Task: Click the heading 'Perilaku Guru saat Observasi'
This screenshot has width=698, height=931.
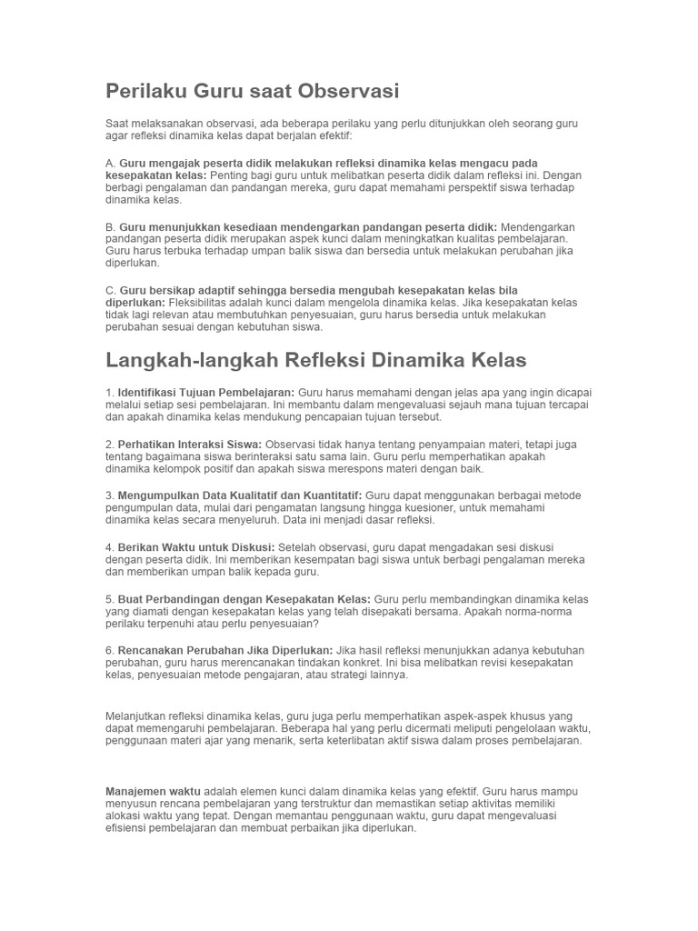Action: click(253, 91)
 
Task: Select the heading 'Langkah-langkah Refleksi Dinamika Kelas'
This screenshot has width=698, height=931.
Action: click(316, 359)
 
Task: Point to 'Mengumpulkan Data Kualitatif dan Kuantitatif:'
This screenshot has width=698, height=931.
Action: click(240, 496)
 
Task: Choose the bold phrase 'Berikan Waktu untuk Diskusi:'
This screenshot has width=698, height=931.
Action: click(195, 547)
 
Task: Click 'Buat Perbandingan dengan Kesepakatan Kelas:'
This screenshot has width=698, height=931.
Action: click(244, 599)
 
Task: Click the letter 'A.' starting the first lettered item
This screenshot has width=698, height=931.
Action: click(111, 163)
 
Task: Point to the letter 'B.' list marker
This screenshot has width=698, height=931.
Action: click(111, 226)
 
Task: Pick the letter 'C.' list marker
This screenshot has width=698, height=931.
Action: click(111, 290)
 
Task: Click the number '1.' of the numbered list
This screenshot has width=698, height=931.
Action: click(110, 392)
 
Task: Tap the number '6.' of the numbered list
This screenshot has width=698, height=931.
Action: click(110, 651)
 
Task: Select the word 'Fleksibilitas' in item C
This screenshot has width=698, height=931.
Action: click(199, 302)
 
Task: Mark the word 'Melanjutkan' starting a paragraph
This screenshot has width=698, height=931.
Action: click(138, 716)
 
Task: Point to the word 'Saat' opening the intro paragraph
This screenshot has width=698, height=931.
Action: click(117, 123)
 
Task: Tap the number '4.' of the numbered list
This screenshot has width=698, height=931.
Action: click(110, 547)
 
